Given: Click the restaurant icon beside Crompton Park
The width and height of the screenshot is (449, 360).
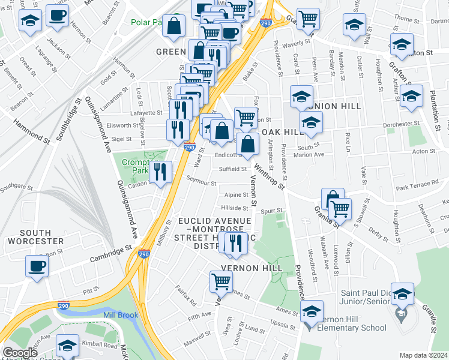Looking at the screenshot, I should [x=161, y=172].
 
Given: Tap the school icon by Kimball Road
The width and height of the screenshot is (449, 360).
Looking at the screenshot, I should [x=67, y=346].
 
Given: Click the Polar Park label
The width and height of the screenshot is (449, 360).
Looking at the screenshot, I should [x=146, y=22].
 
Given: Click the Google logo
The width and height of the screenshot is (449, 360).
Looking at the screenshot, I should [x=20, y=353].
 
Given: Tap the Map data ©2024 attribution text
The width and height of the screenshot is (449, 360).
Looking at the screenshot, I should [x=423, y=355].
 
